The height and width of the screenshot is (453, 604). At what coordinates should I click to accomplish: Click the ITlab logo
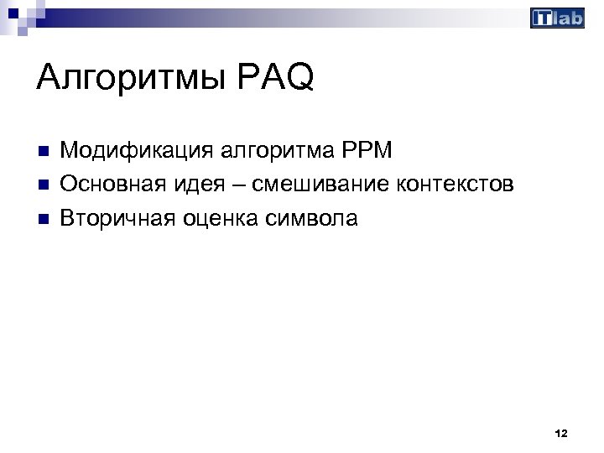557,18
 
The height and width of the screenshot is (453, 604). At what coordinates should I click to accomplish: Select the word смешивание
316,185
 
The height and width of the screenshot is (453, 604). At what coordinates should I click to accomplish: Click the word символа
311,219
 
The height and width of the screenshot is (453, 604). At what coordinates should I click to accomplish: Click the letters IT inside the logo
543,18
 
